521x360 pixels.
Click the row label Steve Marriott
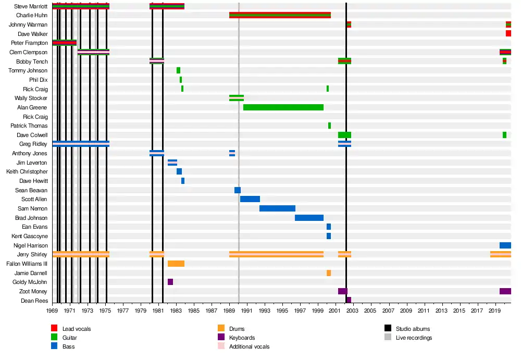coord(31,6)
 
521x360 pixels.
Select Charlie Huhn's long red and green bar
coord(280,15)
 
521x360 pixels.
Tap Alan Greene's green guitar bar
coord(283,107)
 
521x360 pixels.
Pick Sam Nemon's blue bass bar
coord(277,208)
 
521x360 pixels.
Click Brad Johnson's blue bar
coord(309,218)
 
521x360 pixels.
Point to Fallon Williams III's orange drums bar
coord(176,264)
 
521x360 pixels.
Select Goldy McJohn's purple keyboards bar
coord(170,282)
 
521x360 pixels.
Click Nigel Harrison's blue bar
coord(505,245)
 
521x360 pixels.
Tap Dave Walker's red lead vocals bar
coord(508,33)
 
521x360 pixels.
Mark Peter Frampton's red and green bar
coord(65,43)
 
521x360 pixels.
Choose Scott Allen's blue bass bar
coord(250,199)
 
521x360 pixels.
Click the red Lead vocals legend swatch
coord(54,329)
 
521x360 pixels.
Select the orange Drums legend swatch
coord(221,329)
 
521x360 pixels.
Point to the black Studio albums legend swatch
coord(388,329)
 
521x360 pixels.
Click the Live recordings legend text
coord(415,338)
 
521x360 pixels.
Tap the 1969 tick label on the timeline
coord(52,311)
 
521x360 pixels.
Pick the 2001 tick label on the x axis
coord(335,311)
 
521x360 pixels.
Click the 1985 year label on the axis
coord(194,311)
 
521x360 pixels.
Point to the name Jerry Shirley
coord(32,254)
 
